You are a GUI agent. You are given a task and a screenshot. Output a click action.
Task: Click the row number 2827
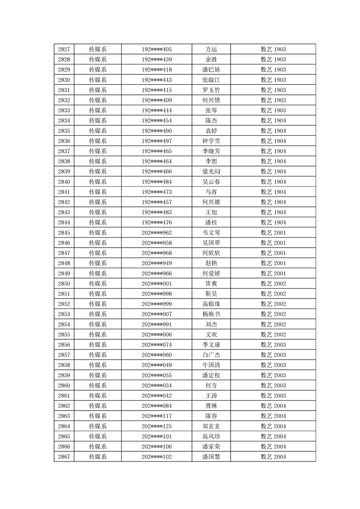pos(64,49)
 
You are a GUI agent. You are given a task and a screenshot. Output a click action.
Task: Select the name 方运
pos(211,49)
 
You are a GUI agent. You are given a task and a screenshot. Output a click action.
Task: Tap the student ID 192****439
pos(157,59)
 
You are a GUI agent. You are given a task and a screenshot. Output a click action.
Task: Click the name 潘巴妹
pos(211,70)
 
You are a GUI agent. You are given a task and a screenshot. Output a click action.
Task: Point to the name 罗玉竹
pos(211,90)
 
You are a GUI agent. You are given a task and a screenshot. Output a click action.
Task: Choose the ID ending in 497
pos(157,141)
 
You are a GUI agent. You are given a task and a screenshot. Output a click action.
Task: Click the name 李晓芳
pos(211,151)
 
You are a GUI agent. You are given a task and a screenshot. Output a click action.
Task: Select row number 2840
pos(64,182)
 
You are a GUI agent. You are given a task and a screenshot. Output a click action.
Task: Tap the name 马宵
pos(211,192)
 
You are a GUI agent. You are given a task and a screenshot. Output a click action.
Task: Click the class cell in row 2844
pos(273,222)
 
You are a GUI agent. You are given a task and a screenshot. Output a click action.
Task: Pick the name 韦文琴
pos(211,233)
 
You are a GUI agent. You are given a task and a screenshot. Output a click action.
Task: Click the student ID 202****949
pos(157,263)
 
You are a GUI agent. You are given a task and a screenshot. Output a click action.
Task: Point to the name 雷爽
pos(211,284)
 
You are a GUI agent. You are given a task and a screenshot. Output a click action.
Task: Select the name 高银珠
pos(211,304)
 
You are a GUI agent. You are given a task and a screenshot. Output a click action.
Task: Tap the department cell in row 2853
pos(98,314)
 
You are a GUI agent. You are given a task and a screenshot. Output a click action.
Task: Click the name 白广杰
pos(211,355)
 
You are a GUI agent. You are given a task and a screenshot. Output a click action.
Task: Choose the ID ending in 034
pos(157,386)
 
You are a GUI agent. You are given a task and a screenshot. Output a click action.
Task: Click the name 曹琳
pos(211,406)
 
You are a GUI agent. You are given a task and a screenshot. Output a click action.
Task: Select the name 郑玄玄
pos(211,426)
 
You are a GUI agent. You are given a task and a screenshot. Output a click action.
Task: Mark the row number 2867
pos(64,457)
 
